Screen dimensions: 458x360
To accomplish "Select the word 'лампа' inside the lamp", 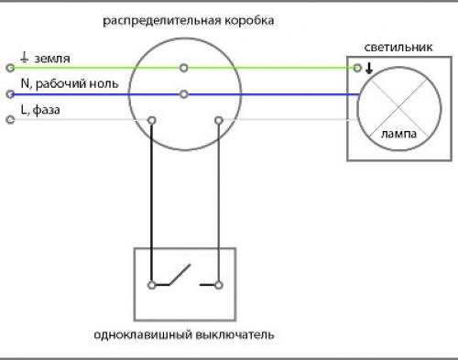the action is (x=396, y=134).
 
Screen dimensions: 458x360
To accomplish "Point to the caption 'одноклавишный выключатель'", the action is (x=183, y=335).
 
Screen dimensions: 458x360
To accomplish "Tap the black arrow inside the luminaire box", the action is (x=368, y=67).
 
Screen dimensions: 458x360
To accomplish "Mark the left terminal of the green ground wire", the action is (x=10, y=68).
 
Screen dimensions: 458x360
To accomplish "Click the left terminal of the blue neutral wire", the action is (x=10, y=93).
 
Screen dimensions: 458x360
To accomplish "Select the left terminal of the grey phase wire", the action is (x=10, y=119).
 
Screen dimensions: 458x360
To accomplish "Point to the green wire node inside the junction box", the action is (x=184, y=68).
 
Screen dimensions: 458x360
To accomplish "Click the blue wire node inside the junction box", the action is (x=184, y=93).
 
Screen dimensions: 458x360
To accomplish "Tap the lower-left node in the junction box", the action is (x=151, y=119).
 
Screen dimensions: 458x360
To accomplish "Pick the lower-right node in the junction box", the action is (x=218, y=119).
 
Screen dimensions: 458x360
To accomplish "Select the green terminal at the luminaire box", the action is (x=356, y=68).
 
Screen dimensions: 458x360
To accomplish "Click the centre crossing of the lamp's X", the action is (x=396, y=106).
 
